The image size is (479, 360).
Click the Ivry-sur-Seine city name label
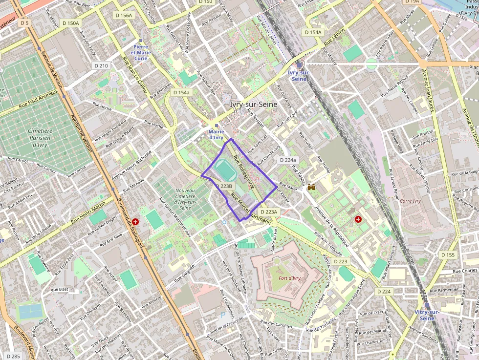point(253,105)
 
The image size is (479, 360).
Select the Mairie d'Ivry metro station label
point(216,134)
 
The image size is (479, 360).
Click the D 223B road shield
point(226,186)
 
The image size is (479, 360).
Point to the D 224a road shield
point(287,160)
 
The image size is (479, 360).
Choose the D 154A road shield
point(313,32)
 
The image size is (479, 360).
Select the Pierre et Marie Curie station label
point(141,52)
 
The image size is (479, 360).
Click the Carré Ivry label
point(410,201)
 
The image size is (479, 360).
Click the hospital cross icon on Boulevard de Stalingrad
point(135,221)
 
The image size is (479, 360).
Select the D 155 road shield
point(448,255)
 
